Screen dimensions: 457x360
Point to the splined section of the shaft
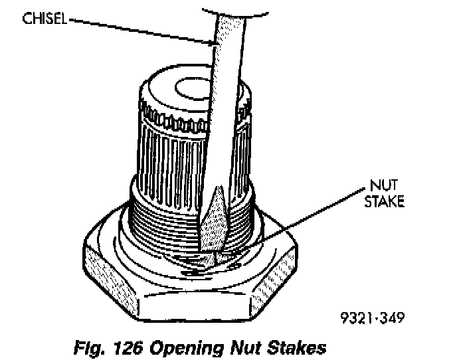click(x=166, y=153)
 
